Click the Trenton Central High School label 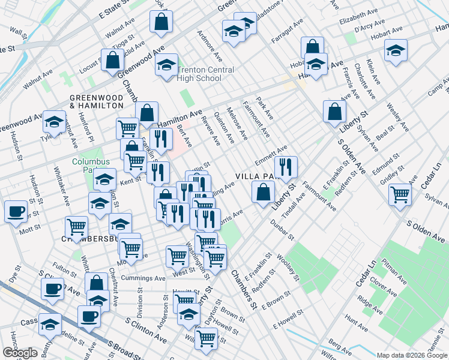[199, 74]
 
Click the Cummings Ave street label [143, 278]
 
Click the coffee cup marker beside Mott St [16, 211]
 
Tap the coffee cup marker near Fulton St [52, 288]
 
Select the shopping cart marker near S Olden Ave [399, 194]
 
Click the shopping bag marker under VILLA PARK [263, 193]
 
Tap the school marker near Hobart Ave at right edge [396, 50]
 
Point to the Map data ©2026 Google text [411, 355]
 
